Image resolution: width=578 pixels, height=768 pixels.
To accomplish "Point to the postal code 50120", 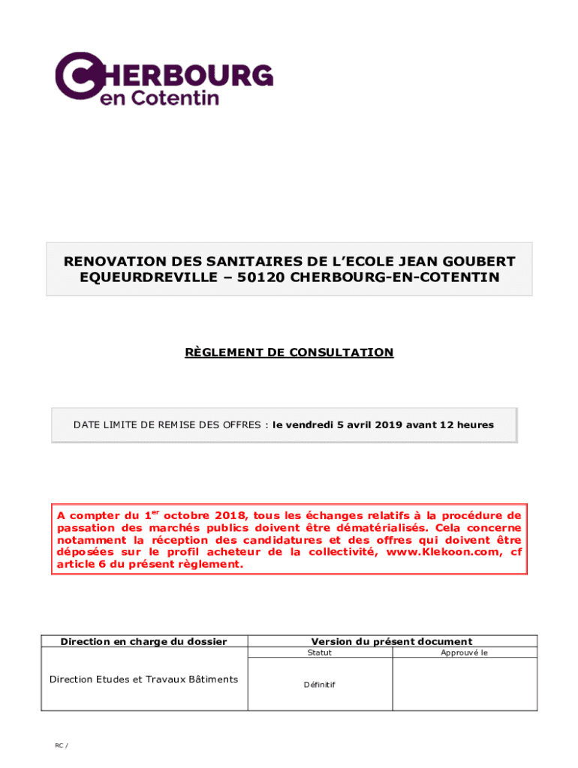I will pyautogui.click(x=260, y=277).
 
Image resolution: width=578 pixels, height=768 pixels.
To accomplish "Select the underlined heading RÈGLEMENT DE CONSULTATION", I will pyautogui.click(x=289, y=352).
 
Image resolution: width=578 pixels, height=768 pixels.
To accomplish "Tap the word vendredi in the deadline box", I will pyautogui.click(x=309, y=425).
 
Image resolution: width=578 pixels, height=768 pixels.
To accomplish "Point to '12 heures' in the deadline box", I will pyautogui.click(x=467, y=425).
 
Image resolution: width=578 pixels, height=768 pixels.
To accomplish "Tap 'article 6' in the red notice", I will pyautogui.click(x=80, y=565).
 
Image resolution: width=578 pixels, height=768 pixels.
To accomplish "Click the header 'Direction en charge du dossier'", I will pyautogui.click(x=143, y=641).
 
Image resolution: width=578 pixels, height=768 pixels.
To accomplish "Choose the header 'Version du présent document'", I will pyautogui.click(x=392, y=641).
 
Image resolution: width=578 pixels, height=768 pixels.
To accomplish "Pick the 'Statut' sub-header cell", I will pyautogui.click(x=320, y=653).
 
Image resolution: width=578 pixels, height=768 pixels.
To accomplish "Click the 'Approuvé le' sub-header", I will pyautogui.click(x=465, y=653).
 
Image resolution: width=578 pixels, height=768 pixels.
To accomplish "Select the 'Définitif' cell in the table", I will pyautogui.click(x=320, y=685).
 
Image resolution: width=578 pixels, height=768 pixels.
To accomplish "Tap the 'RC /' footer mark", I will pyautogui.click(x=61, y=745).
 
